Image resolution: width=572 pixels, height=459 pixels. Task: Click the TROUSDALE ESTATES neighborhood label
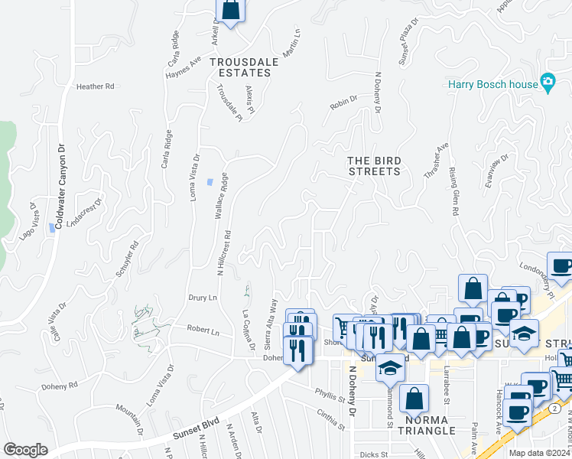tap(240, 67)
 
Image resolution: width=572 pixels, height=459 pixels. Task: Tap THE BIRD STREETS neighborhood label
tap(374, 166)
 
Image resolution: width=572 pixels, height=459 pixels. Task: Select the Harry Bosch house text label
tap(492, 84)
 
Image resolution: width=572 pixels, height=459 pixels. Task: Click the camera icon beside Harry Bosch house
tap(548, 82)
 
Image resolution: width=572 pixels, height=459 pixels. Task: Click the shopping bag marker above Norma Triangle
tap(414, 398)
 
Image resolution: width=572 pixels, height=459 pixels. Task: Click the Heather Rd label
tap(95, 86)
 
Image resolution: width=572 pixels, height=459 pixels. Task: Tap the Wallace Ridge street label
tap(221, 196)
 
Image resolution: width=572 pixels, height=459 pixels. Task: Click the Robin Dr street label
tap(344, 104)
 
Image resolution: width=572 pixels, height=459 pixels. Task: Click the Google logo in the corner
tap(25, 450)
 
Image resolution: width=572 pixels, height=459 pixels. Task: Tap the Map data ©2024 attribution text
tap(539, 453)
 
